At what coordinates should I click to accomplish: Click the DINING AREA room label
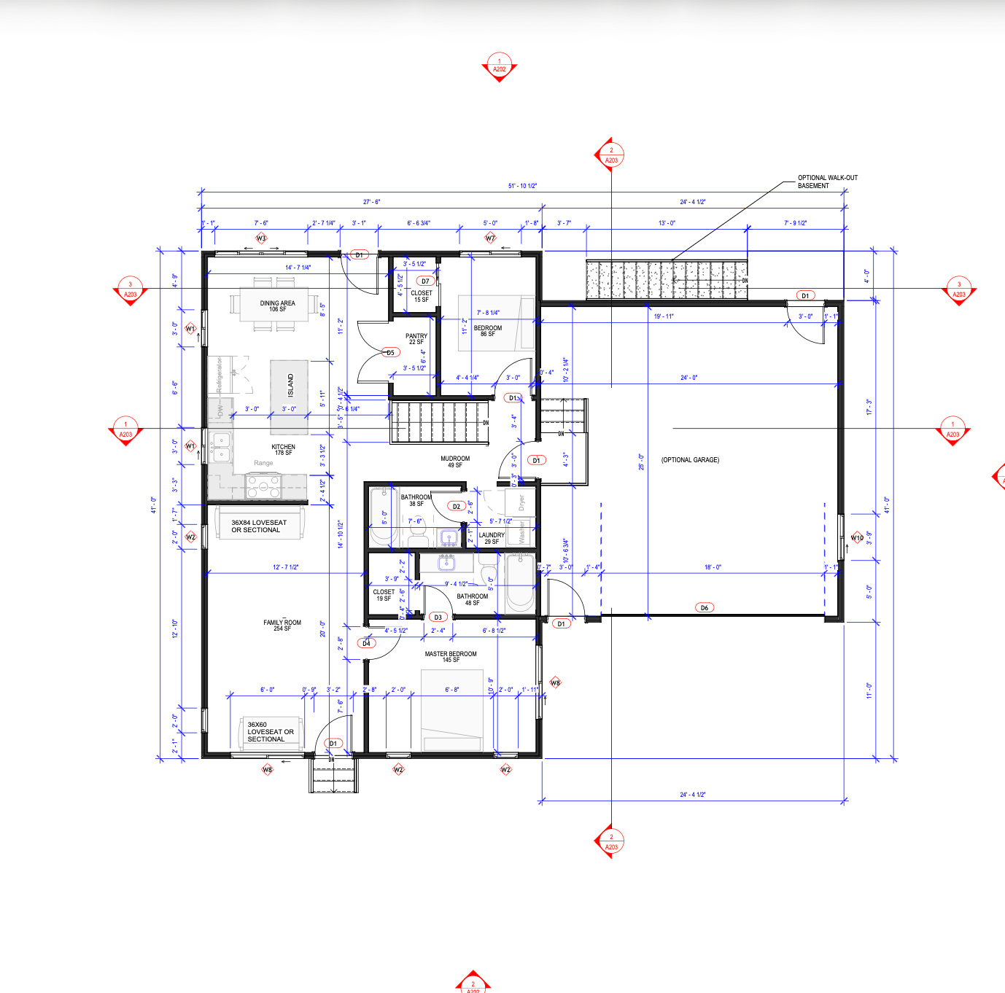pyautogui.click(x=277, y=306)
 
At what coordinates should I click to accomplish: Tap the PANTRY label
pyautogui.click(x=416, y=339)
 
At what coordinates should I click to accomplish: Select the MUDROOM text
pyautogui.click(x=455, y=462)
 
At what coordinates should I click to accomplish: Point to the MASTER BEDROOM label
pyautogui.click(x=451, y=656)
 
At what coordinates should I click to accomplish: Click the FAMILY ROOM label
pyautogui.click(x=282, y=625)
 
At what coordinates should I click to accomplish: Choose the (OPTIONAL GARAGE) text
pyautogui.click(x=690, y=460)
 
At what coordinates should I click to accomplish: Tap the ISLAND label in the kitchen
pyautogui.click(x=290, y=385)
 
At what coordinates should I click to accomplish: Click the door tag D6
pyautogui.click(x=704, y=607)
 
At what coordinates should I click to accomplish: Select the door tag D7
pyautogui.click(x=425, y=281)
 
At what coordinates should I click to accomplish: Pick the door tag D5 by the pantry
pyautogui.click(x=390, y=353)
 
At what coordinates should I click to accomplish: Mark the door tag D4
pyautogui.click(x=367, y=643)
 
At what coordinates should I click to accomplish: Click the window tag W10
pyautogui.click(x=857, y=538)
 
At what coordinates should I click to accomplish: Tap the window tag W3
pyautogui.click(x=261, y=238)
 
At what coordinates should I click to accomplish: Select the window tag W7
pyautogui.click(x=490, y=238)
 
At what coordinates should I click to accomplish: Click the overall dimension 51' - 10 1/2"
pyautogui.click(x=522, y=186)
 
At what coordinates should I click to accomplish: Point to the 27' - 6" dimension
pyautogui.click(x=371, y=202)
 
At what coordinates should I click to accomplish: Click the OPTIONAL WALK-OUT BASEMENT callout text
pyautogui.click(x=827, y=182)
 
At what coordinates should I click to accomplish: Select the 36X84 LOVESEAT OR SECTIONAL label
pyautogui.click(x=259, y=526)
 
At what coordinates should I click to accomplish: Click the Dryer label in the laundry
pyautogui.click(x=521, y=502)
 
